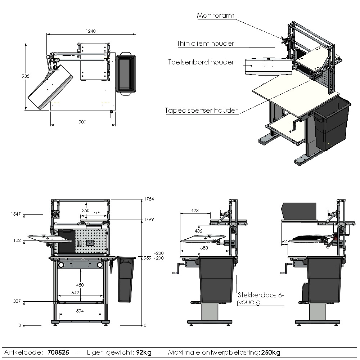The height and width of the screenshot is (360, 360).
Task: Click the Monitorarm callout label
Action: pyautogui.click(x=216, y=15)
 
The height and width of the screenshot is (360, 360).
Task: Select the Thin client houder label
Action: pyautogui.click(x=205, y=44)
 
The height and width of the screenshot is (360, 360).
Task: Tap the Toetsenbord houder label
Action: pyautogui.click(x=201, y=62)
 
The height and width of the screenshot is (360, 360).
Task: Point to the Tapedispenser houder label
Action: pyautogui.click(x=202, y=111)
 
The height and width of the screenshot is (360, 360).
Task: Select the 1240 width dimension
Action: pyautogui.click(x=91, y=31)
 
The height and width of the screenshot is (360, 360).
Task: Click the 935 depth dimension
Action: pyautogui.click(x=25, y=76)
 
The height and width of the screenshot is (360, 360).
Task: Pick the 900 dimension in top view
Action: pyautogui.click(x=82, y=122)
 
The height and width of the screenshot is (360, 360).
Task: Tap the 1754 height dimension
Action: pyautogui.click(x=149, y=199)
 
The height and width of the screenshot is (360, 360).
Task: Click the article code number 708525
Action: pyautogui.click(x=58, y=352)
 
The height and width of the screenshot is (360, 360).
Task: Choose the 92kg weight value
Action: pyautogui.click(x=143, y=352)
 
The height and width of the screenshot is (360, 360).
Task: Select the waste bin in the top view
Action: pyautogui.click(x=125, y=74)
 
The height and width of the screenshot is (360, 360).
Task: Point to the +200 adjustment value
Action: pyautogui.click(x=158, y=253)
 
